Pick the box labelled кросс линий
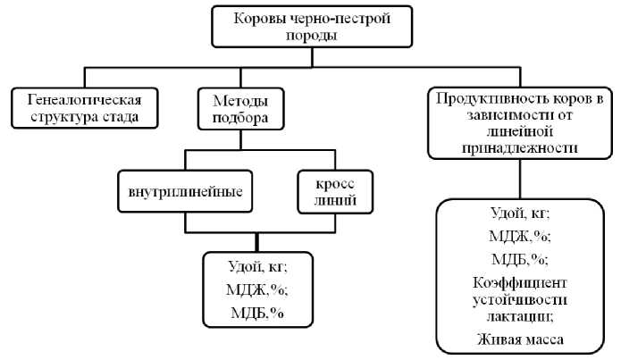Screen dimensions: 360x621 pos(326,190)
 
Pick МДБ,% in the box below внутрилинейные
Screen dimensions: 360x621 pos(257,312)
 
